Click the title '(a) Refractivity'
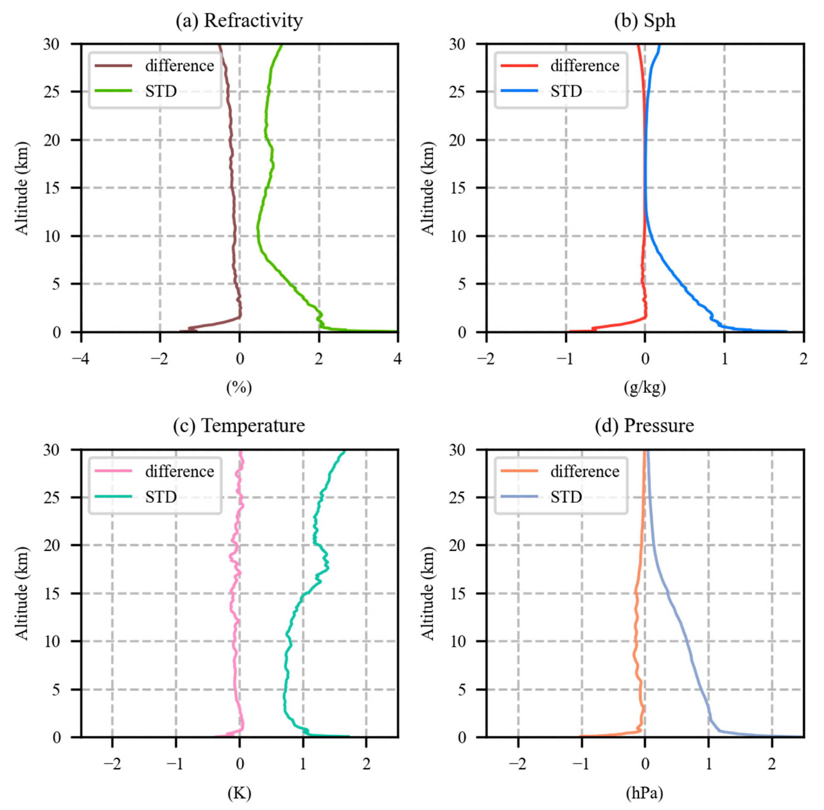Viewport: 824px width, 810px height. click(x=239, y=20)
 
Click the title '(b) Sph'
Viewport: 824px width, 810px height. click(x=644, y=20)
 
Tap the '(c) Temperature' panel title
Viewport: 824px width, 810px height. click(x=239, y=425)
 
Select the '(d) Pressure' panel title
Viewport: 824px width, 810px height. click(x=644, y=425)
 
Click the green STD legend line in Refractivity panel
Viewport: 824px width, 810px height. click(x=113, y=91)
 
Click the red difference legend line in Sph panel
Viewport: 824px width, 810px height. click(x=519, y=65)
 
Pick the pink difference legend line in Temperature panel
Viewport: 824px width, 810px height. click(x=113, y=471)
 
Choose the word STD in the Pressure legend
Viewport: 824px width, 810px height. click(x=566, y=496)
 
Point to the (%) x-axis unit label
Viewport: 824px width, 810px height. click(x=239, y=387)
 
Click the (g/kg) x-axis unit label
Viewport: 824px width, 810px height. click(x=644, y=387)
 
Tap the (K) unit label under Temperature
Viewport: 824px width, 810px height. click(x=239, y=792)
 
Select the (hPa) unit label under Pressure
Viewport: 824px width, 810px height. click(x=644, y=792)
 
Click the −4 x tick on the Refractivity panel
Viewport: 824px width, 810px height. click(x=80, y=359)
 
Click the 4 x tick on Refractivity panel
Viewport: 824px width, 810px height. click(x=397, y=359)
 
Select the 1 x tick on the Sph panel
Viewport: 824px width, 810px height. click(x=724, y=359)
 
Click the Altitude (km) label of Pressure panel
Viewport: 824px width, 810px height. click(x=427, y=594)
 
